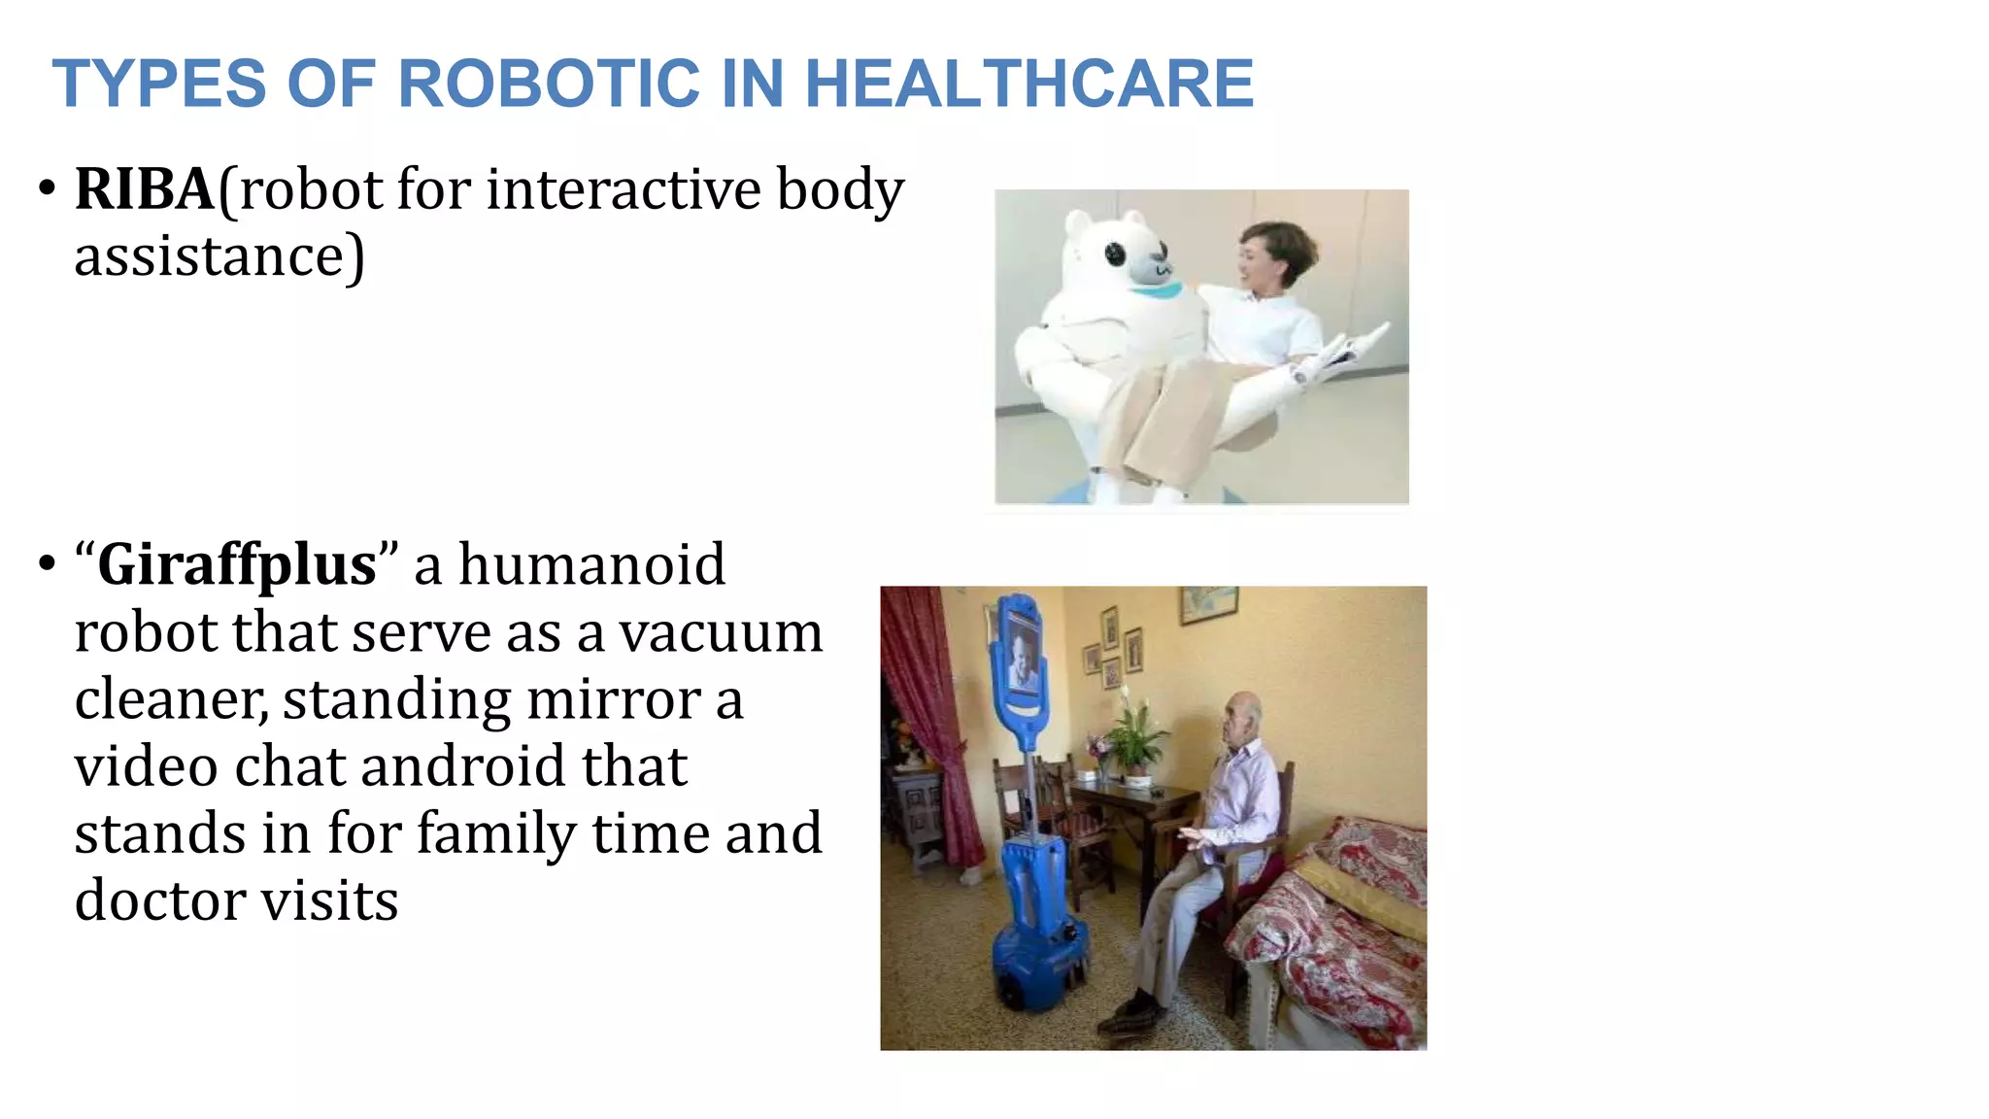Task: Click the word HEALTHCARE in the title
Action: pyautogui.click(x=1029, y=84)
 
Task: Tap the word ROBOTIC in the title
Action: pyautogui.click(x=549, y=84)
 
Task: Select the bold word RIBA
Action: pyautogui.click(x=145, y=188)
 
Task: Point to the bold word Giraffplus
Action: pyautogui.click(x=237, y=564)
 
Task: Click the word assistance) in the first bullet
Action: pyautogui.click(x=219, y=256)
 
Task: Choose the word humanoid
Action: pyautogui.click(x=591, y=564)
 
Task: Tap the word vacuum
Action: pyautogui.click(x=721, y=632)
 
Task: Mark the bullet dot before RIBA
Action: pyautogui.click(x=47, y=189)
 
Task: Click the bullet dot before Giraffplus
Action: pyautogui.click(x=47, y=565)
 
